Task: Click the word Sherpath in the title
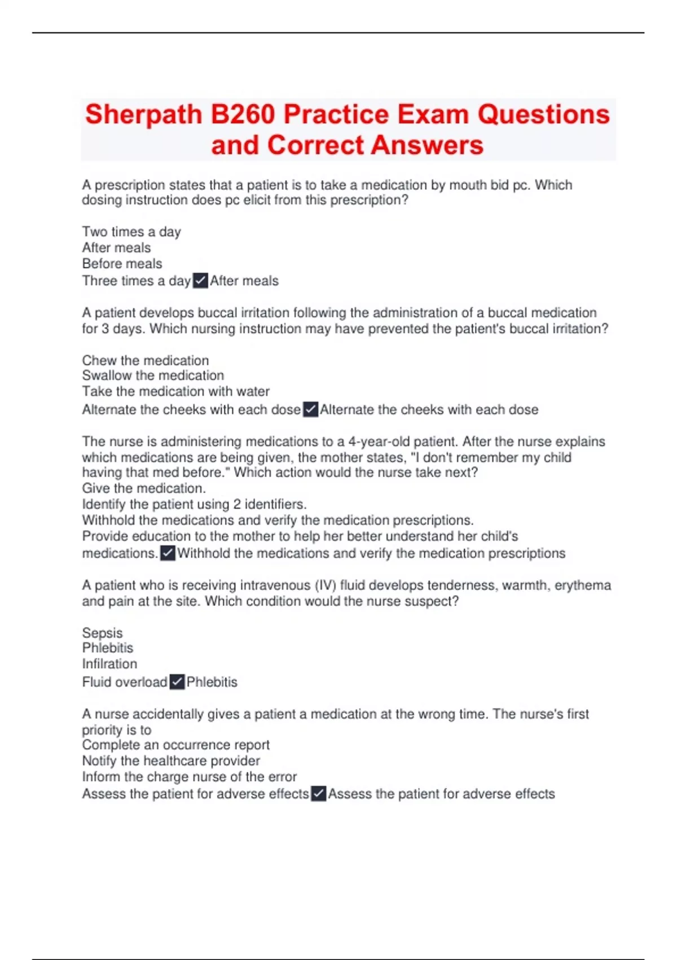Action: [144, 115]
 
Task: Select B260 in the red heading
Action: [243, 115]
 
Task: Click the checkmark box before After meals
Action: [200, 281]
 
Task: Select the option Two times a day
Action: [131, 232]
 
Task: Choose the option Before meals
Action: [122, 264]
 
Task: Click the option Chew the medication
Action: [145, 360]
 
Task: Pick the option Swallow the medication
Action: [153, 376]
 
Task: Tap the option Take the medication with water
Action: [175, 391]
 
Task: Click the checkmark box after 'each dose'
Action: [310, 409]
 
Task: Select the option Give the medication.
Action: [144, 488]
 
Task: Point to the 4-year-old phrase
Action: [380, 442]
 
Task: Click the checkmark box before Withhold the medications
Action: [168, 553]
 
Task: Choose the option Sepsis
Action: [102, 633]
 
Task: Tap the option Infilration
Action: [109, 664]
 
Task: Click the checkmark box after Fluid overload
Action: [177, 682]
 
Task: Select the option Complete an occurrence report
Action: [175, 745]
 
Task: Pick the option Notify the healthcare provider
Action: [171, 761]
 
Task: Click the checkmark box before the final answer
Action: [318, 794]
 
